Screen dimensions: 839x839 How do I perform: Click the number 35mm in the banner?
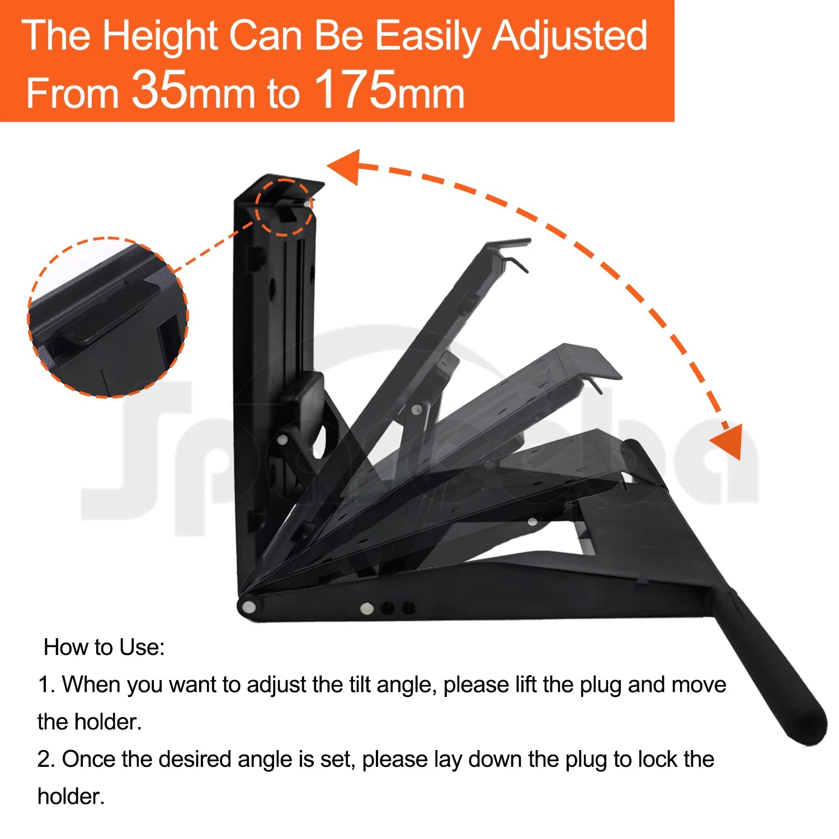[192, 91]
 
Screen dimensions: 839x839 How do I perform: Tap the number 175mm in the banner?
[389, 91]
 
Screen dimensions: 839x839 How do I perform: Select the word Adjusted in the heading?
[569, 36]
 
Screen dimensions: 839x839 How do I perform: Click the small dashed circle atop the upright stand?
[284, 208]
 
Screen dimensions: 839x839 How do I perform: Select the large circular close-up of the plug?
[108, 318]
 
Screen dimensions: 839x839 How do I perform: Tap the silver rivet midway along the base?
[366, 608]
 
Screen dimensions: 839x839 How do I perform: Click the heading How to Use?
[104, 647]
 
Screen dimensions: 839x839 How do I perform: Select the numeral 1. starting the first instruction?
[46, 685]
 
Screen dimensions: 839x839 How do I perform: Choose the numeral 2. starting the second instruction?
[46, 760]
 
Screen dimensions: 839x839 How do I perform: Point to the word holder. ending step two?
[71, 796]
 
